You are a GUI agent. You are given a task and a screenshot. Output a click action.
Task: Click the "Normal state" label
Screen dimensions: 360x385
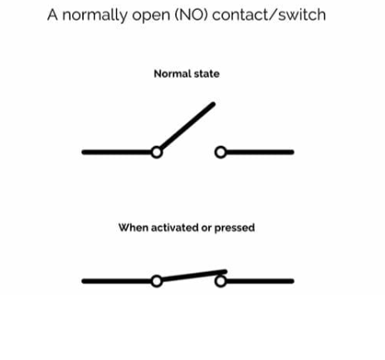pos(187,74)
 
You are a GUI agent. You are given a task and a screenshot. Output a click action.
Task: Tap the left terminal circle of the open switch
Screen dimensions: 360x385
pos(156,152)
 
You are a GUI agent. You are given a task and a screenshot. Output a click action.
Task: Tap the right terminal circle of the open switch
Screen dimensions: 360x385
pos(220,152)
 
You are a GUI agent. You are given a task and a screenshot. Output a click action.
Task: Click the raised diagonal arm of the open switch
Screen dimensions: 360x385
pos(188,127)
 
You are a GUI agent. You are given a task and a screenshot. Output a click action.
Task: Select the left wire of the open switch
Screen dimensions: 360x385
pos(116,152)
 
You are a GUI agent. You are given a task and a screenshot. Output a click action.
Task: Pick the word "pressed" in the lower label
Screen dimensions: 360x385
pos(234,226)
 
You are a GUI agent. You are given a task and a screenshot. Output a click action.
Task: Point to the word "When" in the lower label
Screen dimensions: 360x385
pos(132,226)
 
